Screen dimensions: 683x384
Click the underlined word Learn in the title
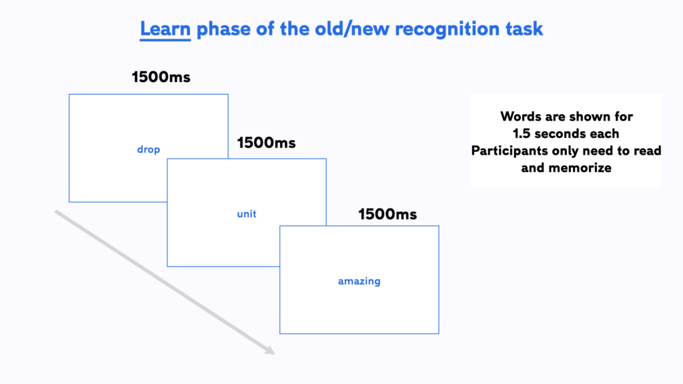click(x=165, y=29)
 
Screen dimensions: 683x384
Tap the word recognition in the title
click(x=447, y=29)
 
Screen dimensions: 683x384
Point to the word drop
click(x=149, y=150)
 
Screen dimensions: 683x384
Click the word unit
click(x=247, y=214)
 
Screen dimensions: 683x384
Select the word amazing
click(x=360, y=281)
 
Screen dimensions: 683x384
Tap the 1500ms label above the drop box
click(x=161, y=77)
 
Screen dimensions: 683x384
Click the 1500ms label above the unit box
click(x=266, y=143)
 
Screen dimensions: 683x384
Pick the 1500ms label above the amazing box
click(x=388, y=214)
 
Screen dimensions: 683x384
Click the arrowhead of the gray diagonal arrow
click(x=271, y=351)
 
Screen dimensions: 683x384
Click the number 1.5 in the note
click(x=522, y=133)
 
